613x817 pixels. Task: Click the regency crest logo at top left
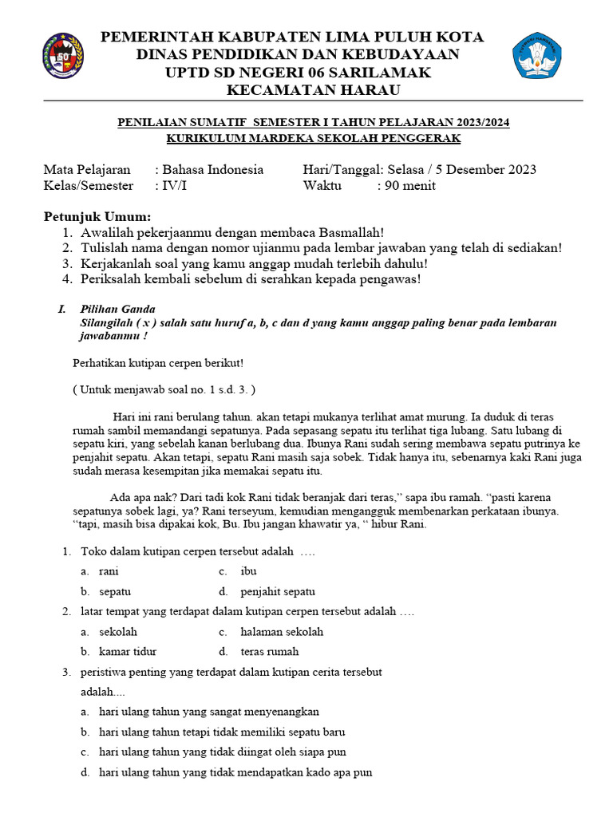61,56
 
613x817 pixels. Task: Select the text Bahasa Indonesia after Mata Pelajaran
212,169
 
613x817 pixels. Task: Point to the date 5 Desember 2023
486,169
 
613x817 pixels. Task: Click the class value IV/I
172,186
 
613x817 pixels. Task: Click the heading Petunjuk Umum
96,217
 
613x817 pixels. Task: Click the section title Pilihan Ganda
117,310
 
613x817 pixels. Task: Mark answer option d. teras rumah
269,652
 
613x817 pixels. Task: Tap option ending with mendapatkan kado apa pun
235,772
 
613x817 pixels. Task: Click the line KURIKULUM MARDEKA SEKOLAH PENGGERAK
313,139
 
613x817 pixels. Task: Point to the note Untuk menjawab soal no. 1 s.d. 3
164,389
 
